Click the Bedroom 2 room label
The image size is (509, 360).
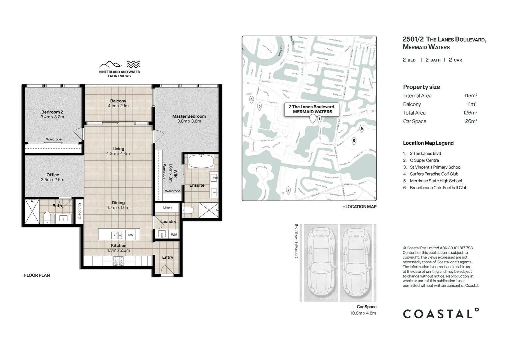pyautogui.click(x=52, y=112)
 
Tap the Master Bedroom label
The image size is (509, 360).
pyautogui.click(x=189, y=116)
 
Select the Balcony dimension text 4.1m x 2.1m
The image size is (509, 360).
pyautogui.click(x=118, y=106)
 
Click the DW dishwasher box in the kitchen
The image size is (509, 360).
pyautogui.click(x=130, y=235)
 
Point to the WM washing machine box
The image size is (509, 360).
pyautogui.click(x=174, y=235)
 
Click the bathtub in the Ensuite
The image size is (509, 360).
pyautogui.click(x=201, y=162)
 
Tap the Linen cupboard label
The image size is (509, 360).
pyautogui.click(x=167, y=207)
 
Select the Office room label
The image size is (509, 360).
pyautogui.click(x=53, y=175)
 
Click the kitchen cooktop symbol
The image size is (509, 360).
pyautogui.click(x=118, y=261)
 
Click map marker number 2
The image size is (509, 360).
pyautogui.click(x=288, y=190)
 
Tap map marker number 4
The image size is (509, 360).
pyautogui.click(x=252, y=100)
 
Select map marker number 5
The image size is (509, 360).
pyautogui.click(x=354, y=141)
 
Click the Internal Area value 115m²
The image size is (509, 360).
pyautogui.click(x=470, y=96)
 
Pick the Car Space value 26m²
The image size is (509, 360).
pyautogui.click(x=471, y=121)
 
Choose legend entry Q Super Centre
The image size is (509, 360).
pyautogui.click(x=424, y=160)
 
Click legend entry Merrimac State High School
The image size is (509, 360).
pyautogui.click(x=436, y=181)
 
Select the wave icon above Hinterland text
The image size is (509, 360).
pyautogui.click(x=133, y=64)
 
